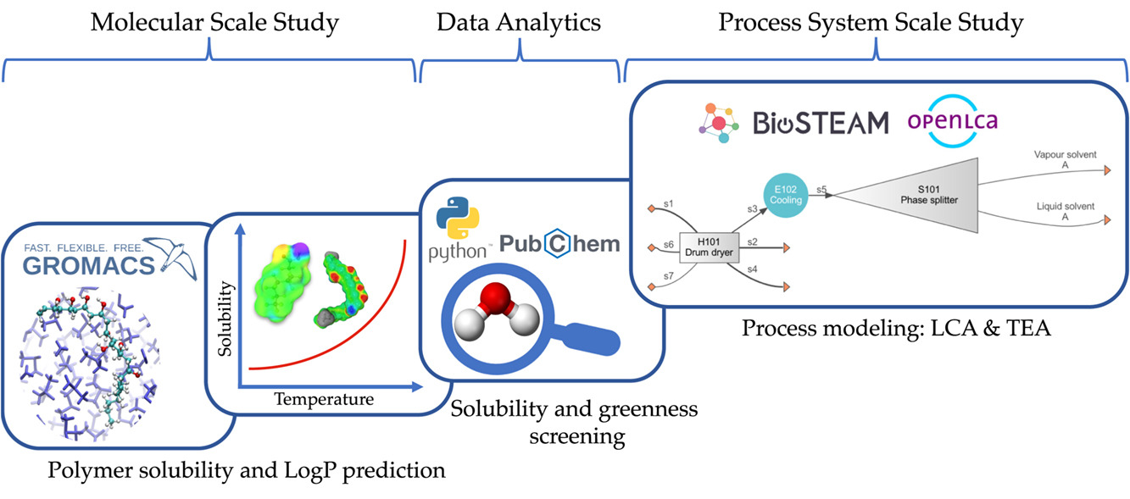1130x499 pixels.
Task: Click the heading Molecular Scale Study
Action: [x=214, y=23]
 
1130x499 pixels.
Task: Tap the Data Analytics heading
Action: [x=519, y=23]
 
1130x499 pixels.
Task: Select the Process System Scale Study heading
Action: [x=871, y=23]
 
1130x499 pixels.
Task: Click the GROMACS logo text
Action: [x=90, y=265]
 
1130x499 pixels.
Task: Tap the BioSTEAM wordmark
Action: [x=821, y=123]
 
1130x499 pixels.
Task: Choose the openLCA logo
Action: [x=951, y=120]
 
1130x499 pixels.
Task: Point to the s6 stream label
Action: [x=669, y=244]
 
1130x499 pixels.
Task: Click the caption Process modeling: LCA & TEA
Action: [x=896, y=328]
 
